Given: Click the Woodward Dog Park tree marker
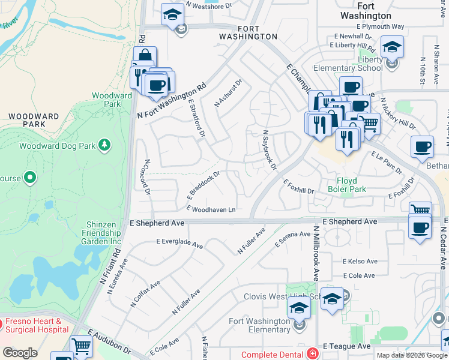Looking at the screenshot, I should point(105,145).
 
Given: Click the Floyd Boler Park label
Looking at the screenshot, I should point(343,184).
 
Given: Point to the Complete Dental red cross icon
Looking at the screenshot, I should point(312,354).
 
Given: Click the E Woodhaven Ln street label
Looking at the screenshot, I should point(211,209).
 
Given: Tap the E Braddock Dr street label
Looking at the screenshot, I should point(205,185).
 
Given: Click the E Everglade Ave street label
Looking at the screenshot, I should point(179,244).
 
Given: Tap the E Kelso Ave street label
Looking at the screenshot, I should point(360,262).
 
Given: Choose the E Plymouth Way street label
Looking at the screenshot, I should point(380,27).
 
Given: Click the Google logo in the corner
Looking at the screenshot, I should point(20,353).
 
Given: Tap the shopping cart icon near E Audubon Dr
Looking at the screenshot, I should point(81,346).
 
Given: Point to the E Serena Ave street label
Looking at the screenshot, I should point(293,240).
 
